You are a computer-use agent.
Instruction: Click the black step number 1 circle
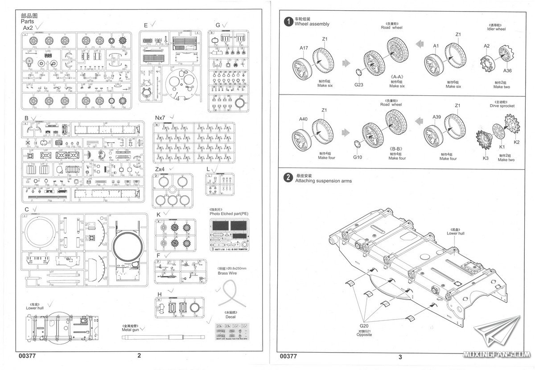289,21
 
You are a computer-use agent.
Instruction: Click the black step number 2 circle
289,177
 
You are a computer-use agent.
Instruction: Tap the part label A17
304,48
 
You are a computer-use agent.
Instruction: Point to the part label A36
507,70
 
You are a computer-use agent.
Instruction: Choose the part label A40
303,119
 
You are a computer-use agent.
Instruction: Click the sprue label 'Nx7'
160,117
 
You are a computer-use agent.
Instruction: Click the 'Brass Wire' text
226,273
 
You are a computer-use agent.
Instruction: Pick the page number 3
400,357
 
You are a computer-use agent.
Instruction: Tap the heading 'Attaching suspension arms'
323,181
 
